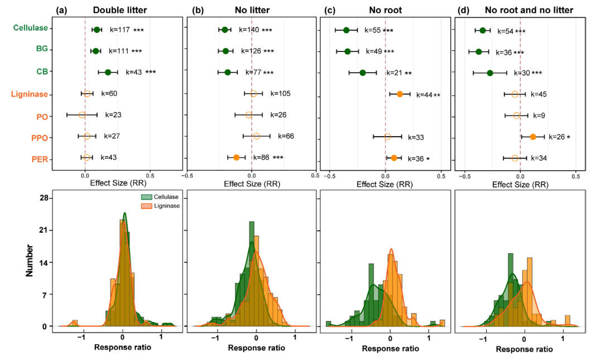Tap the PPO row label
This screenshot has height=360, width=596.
click(39, 138)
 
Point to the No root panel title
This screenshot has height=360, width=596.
click(385, 9)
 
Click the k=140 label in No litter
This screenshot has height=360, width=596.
click(249, 30)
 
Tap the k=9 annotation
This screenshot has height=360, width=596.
click(539, 116)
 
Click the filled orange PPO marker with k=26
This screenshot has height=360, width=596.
click(533, 137)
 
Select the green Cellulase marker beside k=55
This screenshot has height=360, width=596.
click(346, 30)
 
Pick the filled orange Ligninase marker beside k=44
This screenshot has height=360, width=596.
click(400, 94)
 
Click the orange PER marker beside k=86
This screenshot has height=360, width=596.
click(237, 157)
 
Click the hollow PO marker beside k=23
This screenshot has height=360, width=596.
click(82, 115)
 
